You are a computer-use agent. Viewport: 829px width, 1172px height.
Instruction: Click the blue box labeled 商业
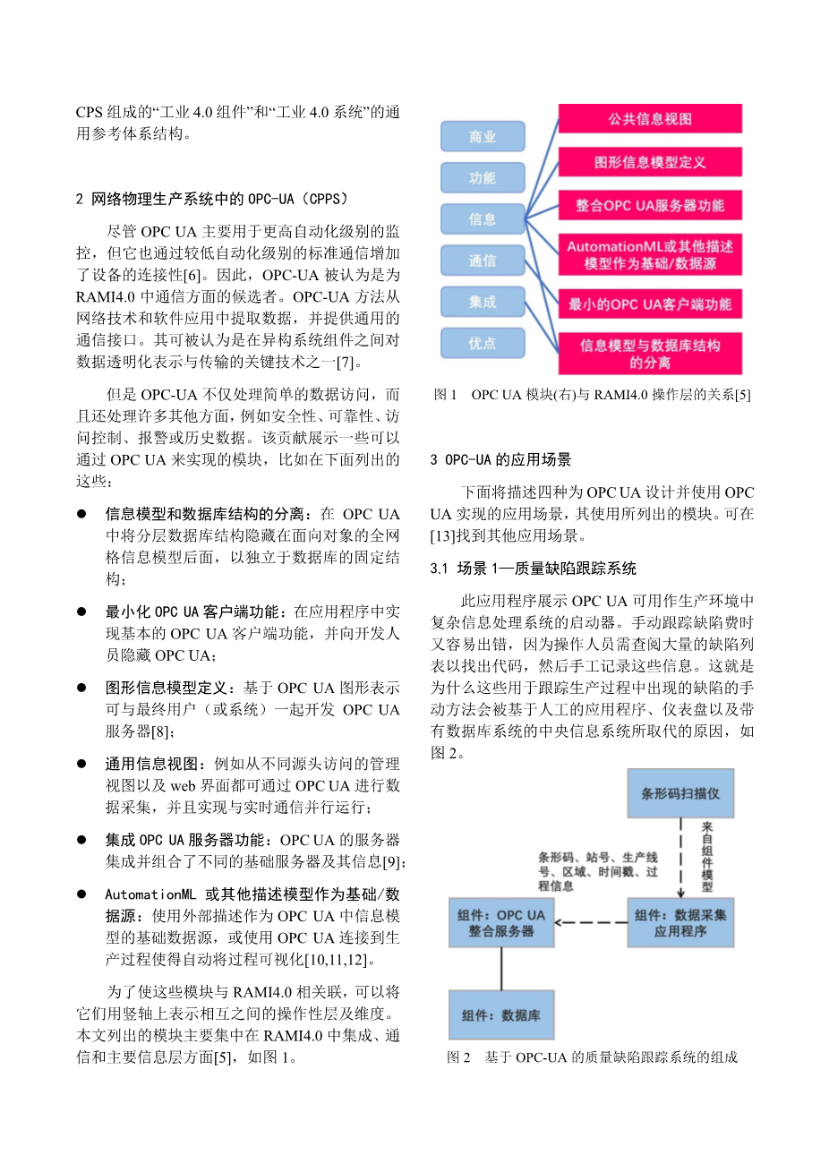pos(483,137)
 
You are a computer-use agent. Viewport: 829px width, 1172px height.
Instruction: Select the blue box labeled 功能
pos(483,178)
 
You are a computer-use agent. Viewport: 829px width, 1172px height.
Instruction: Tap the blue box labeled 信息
pos(483,219)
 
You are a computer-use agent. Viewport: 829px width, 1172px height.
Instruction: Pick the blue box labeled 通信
pos(483,261)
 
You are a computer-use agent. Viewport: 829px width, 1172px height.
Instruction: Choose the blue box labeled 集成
pos(483,302)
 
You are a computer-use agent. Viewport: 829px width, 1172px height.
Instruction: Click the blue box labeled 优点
pos(483,343)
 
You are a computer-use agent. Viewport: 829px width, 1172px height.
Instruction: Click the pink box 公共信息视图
pos(650,119)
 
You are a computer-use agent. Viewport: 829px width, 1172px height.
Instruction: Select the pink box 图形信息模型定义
pos(650,162)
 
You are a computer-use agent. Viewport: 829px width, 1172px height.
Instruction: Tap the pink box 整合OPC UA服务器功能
pos(650,205)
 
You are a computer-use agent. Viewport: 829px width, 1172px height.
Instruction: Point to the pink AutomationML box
pos(650,254)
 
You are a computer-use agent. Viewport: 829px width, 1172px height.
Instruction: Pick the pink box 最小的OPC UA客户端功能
pos(650,304)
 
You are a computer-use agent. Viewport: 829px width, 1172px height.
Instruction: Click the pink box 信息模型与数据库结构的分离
pos(650,354)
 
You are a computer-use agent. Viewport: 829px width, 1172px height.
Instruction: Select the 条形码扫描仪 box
pos(680,792)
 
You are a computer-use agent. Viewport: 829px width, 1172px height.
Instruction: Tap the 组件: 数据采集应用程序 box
pos(680,923)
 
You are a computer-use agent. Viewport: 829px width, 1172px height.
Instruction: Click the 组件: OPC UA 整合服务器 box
pos(501,923)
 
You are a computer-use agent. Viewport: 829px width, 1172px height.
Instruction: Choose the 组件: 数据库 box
pos(501,1015)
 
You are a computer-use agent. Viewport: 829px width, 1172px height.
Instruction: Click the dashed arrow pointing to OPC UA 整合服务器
pos(591,923)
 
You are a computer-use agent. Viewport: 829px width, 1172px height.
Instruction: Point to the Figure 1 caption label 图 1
pos(446,395)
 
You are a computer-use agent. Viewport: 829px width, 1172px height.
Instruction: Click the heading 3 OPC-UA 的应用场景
pos(500,460)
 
